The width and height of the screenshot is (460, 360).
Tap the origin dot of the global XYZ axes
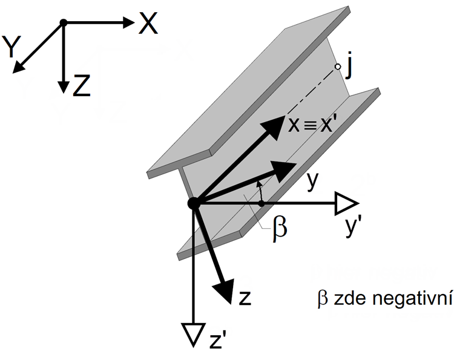pos(62,23)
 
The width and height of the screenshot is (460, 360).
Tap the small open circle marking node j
pos(336,67)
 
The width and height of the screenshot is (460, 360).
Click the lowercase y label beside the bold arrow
pos(312,180)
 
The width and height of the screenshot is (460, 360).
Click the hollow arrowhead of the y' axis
pos(346,204)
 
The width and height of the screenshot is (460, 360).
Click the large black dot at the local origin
pos(194,204)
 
